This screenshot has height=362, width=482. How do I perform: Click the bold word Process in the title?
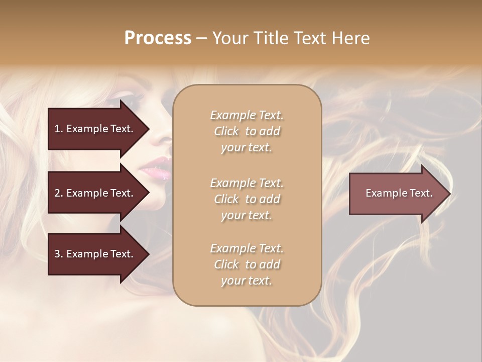pos(158,38)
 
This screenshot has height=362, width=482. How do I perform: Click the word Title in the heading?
pos(271,38)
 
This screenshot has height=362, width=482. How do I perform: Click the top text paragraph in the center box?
pos(247,131)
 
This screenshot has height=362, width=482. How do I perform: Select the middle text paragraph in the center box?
pos(247,199)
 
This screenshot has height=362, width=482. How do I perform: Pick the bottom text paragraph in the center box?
pos(247,264)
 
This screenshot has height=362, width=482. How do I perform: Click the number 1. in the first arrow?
pos(58,129)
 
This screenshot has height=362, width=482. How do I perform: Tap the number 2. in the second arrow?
pos(58,193)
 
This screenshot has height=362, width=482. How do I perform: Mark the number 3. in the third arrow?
pos(58,254)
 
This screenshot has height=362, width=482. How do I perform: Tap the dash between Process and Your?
pos(201,38)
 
